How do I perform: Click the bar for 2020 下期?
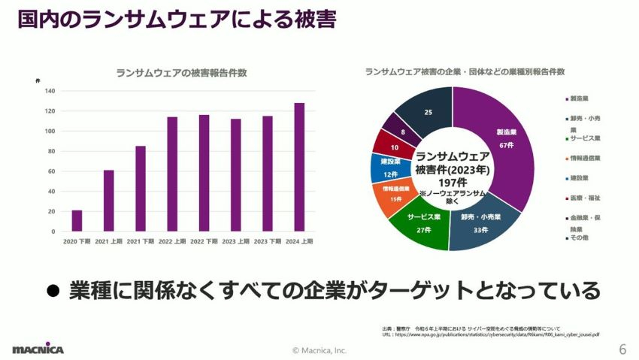click(x=77, y=221)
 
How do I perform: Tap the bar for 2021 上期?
click(x=108, y=201)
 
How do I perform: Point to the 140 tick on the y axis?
click(x=50, y=91)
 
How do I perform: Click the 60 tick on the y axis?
click(x=50, y=171)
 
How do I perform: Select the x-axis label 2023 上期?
click(x=235, y=241)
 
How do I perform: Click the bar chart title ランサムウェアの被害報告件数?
click(x=181, y=73)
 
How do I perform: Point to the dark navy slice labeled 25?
click(x=427, y=113)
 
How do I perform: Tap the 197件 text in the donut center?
click(x=452, y=182)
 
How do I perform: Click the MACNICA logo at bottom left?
click(x=38, y=349)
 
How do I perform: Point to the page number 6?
click(x=622, y=349)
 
